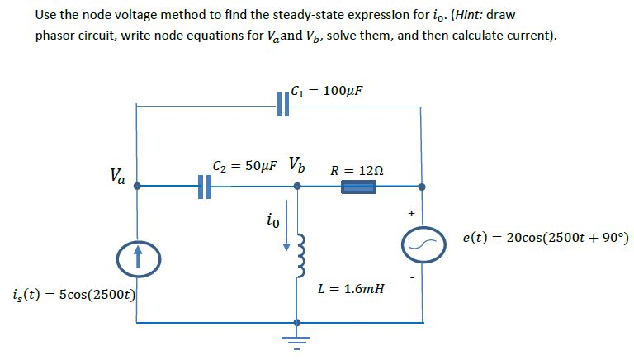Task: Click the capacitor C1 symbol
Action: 282,106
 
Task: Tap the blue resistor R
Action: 360,187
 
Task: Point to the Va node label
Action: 117,175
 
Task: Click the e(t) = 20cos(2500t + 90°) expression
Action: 545,239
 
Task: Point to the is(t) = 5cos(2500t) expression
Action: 74,294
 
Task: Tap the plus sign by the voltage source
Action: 409,213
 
